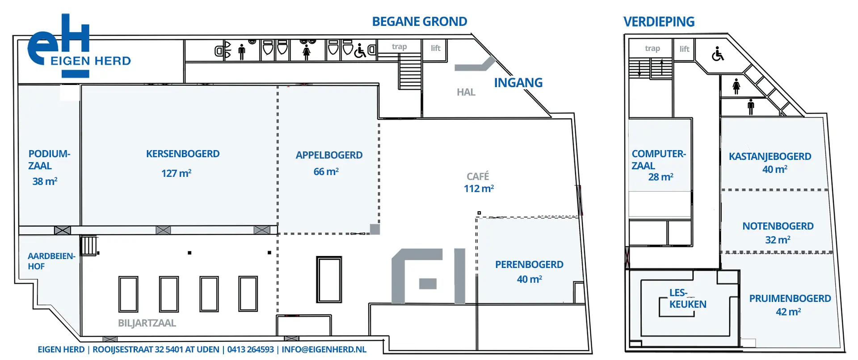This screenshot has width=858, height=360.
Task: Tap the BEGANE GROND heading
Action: click(420, 21)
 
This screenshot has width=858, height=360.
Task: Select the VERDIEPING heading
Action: click(659, 21)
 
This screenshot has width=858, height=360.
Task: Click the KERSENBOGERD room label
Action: click(183, 154)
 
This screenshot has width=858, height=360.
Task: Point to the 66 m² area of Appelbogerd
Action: click(326, 172)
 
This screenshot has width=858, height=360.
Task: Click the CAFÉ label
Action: click(478, 176)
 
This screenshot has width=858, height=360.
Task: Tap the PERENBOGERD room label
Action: click(529, 264)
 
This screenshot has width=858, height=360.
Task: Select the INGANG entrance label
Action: click(518, 83)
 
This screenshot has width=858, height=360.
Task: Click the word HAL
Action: click(466, 92)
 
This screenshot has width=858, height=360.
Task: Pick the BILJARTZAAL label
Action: click(147, 323)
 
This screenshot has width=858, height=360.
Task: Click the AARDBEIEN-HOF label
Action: click(51, 261)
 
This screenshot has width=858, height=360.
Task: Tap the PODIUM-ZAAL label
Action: click(49, 159)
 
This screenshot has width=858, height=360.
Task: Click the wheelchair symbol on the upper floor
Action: click(718, 54)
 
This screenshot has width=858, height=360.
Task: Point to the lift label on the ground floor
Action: click(436, 48)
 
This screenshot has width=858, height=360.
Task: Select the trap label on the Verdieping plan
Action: click(652, 48)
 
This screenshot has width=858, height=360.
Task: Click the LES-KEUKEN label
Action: click(688, 298)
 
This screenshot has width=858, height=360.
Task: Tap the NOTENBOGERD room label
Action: click(778, 226)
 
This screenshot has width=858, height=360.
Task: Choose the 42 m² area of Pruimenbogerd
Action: click(788, 312)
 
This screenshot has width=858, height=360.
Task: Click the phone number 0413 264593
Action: click(250, 349)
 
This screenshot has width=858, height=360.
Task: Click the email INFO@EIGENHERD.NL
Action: click(324, 349)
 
